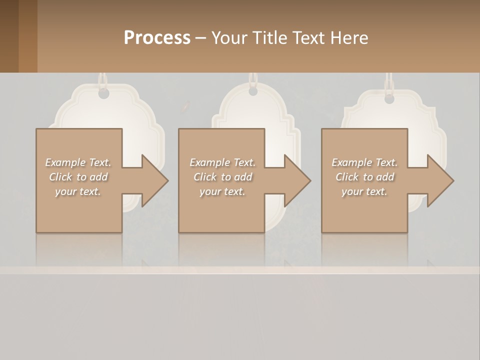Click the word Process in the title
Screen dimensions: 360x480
click(157, 38)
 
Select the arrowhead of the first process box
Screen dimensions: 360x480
click(154, 180)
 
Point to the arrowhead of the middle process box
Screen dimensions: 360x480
click(297, 180)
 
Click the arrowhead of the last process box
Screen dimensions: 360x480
click(440, 180)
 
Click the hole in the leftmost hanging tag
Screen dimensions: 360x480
click(103, 93)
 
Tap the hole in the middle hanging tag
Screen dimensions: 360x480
click(253, 91)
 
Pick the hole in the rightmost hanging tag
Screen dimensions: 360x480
click(389, 98)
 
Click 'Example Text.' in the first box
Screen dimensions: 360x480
click(78, 162)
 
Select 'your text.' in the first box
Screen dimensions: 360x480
click(78, 191)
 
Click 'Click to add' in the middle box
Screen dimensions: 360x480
click(222, 177)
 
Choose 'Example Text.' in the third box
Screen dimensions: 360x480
click(364, 162)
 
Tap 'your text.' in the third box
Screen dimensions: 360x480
click(364, 191)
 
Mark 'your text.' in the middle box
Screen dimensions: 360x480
click(222, 191)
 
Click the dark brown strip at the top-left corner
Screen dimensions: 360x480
click(9, 36)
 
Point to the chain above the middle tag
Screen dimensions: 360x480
click(253, 79)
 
